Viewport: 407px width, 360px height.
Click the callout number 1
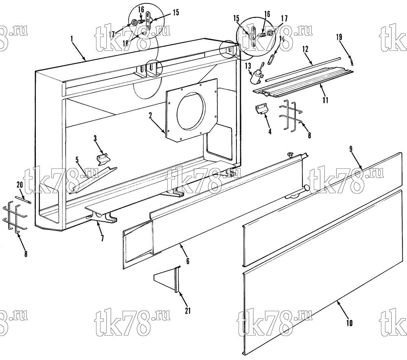tap(72, 39)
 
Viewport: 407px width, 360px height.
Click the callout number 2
tap(151, 116)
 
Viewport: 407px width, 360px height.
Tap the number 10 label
tap(349, 323)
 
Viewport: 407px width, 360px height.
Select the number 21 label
tap(188, 310)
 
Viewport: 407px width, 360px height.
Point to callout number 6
tap(188, 261)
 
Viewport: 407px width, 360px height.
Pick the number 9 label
tap(351, 149)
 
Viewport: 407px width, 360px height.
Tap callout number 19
tap(339, 37)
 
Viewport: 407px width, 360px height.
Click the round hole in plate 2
tap(191, 107)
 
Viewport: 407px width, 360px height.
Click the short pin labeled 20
tap(23, 200)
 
